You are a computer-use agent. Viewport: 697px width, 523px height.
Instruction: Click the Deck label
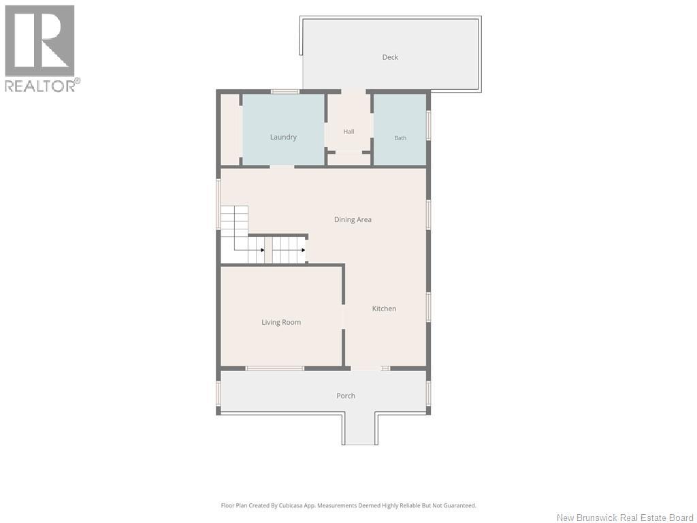pos(390,57)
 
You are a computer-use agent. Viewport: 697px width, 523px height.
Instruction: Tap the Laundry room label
pos(283,137)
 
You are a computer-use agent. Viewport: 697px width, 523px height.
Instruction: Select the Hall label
pos(348,131)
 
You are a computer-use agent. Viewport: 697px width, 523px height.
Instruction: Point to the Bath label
pos(400,138)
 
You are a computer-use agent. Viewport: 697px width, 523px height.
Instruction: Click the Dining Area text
pos(353,219)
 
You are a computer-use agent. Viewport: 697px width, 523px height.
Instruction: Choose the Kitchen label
pos(384,308)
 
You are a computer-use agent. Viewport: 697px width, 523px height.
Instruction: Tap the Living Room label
pos(281,322)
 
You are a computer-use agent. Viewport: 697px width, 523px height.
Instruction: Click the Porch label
pos(346,396)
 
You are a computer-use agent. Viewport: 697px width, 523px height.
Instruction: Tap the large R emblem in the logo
pos(39,40)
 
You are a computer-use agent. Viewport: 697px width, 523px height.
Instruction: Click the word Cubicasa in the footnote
pos(291,505)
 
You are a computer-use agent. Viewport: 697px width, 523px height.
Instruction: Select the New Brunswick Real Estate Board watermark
pos(625,518)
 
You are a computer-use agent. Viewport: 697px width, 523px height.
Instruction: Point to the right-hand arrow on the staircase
pos(304,250)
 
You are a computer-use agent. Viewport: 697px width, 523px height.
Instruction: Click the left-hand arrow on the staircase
pos(263,250)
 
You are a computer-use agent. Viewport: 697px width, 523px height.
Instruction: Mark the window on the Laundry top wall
pos(285,92)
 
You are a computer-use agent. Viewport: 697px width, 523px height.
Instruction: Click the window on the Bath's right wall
pos(429,125)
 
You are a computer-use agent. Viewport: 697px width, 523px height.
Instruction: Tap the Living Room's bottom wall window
pos(275,368)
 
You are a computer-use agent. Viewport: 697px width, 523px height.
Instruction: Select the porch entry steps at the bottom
pos(360,429)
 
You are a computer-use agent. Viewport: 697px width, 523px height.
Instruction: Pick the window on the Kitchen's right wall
pos(429,307)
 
